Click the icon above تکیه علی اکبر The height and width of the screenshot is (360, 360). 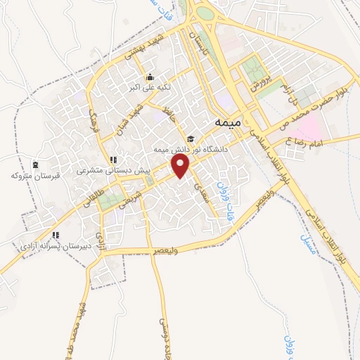(x=148, y=77)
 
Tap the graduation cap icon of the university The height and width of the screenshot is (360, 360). (x=191, y=138)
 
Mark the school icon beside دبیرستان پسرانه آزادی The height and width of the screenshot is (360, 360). (x=55, y=236)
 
